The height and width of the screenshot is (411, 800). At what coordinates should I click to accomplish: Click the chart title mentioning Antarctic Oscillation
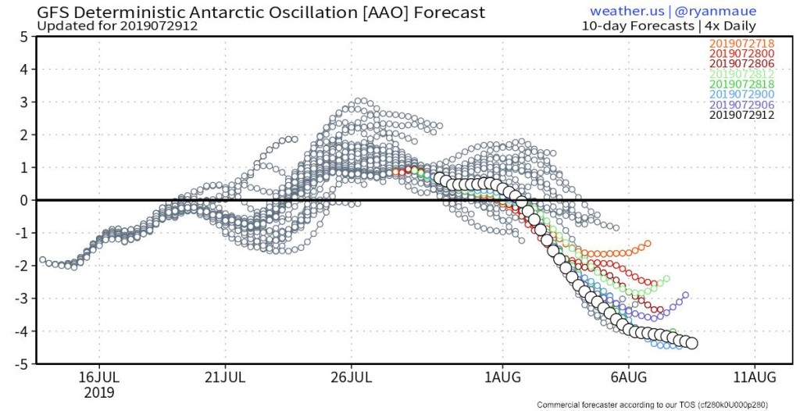[x=261, y=12]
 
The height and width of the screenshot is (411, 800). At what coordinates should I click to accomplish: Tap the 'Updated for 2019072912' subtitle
[x=117, y=26]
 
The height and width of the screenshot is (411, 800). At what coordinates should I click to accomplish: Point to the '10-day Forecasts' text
[x=637, y=26]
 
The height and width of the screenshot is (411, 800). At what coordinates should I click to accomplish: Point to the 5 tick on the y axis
[x=24, y=37]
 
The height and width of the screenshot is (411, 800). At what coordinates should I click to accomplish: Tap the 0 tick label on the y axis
[x=24, y=200]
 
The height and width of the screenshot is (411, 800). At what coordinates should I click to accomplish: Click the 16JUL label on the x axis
[x=99, y=378]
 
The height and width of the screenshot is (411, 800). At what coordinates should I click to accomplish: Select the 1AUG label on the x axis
[x=502, y=378]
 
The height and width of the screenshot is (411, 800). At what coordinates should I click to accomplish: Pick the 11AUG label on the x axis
[x=755, y=378]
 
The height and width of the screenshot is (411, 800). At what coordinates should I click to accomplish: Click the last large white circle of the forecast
[x=691, y=343]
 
